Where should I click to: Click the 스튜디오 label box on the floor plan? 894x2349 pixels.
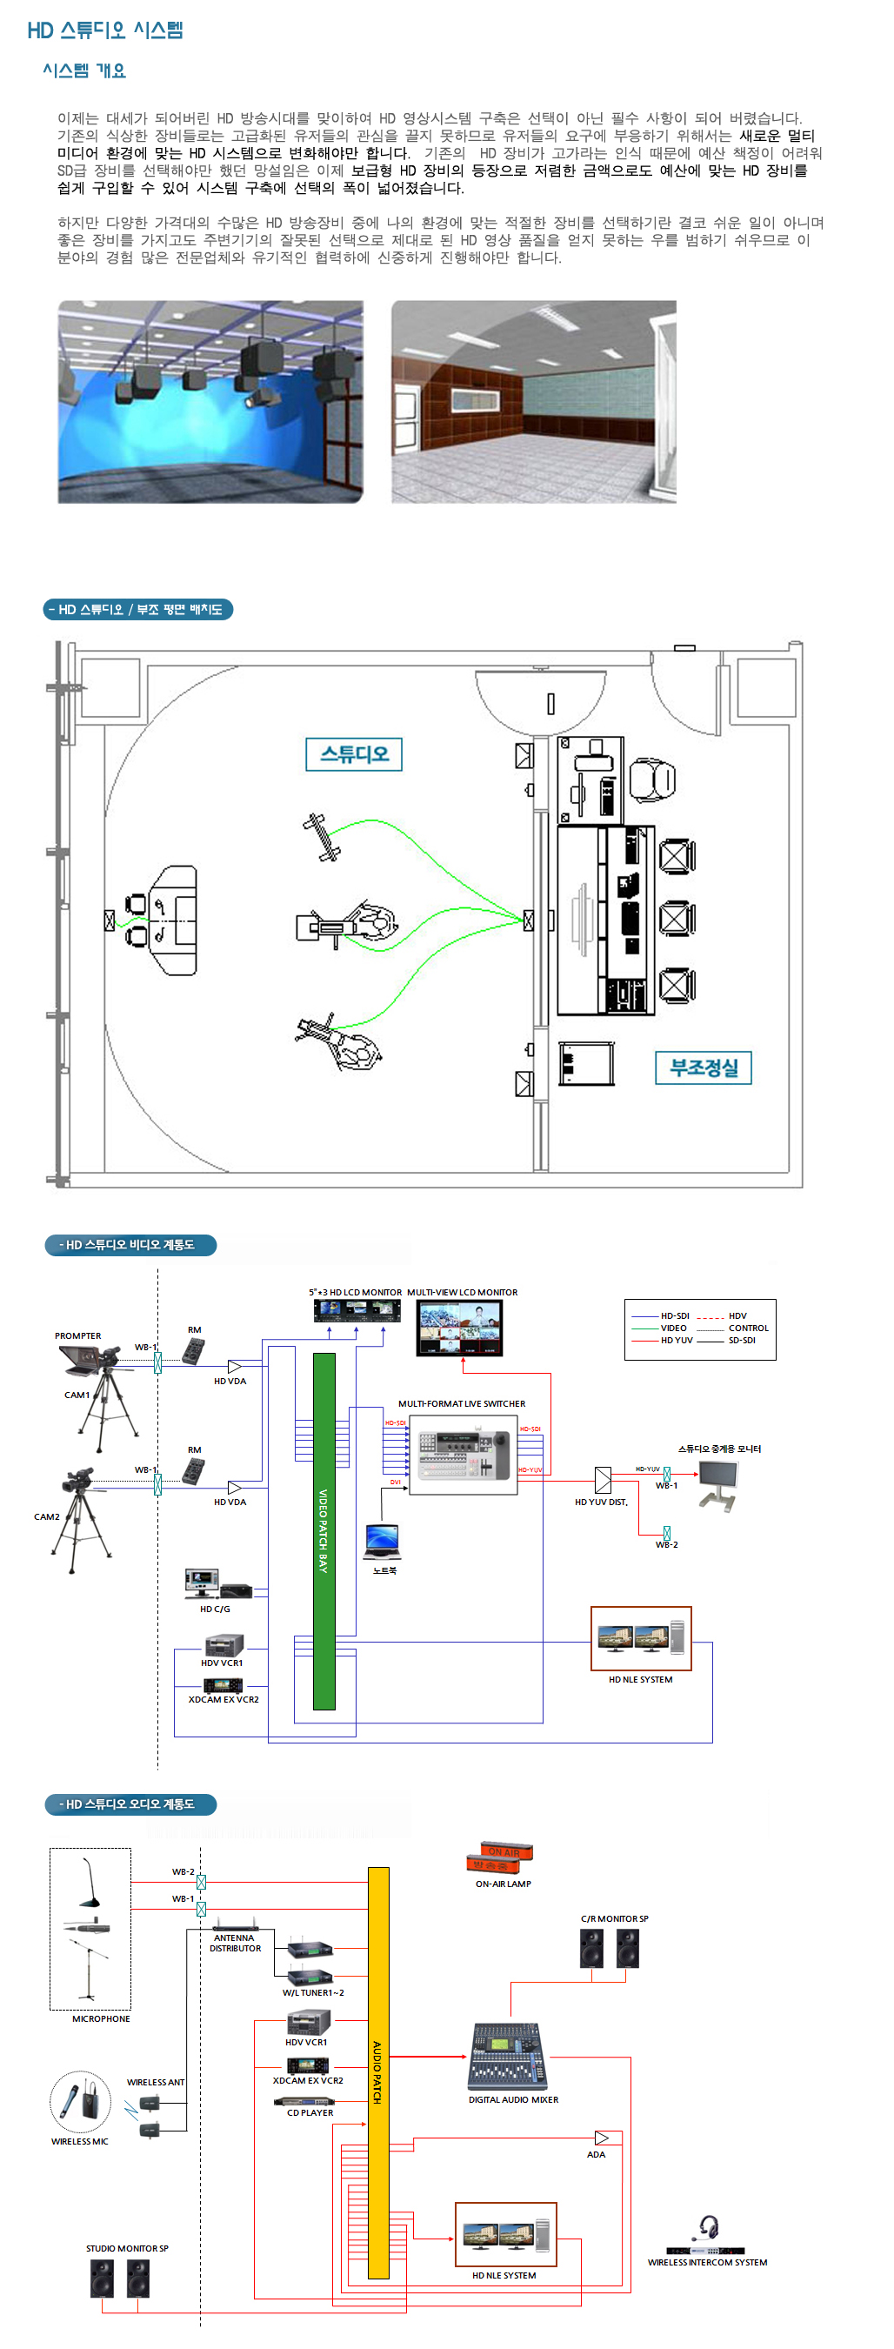pos(354,754)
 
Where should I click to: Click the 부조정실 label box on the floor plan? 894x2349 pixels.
pos(703,1067)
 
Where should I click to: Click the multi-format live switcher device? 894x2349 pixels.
pos(463,1454)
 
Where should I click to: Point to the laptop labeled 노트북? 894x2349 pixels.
pos(383,1541)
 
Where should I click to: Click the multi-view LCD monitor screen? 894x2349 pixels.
pos(459,1328)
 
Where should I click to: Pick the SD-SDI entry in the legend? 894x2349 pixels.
pos(741,1341)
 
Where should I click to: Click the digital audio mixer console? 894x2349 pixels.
pos(508,2057)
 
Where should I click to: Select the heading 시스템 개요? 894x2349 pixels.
pos(83,71)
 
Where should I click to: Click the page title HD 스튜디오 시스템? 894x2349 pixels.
pos(105,30)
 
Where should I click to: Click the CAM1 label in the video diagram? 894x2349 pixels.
pos(77,1395)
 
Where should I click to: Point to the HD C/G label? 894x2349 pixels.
pos(215,1609)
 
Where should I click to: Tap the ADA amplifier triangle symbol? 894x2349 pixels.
pos(602,2138)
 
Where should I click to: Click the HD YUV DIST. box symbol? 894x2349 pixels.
pos(603,1479)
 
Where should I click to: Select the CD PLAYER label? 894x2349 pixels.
pos(310,2113)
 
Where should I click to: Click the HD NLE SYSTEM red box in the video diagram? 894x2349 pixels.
pos(641,1639)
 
